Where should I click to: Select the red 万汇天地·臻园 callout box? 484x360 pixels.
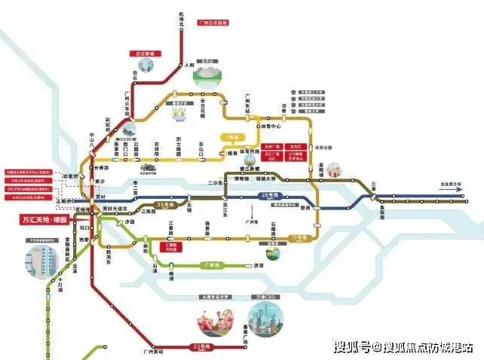42,221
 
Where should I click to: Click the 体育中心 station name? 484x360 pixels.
262,137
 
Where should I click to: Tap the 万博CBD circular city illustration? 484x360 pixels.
270,324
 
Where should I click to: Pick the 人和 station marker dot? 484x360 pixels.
181,66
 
